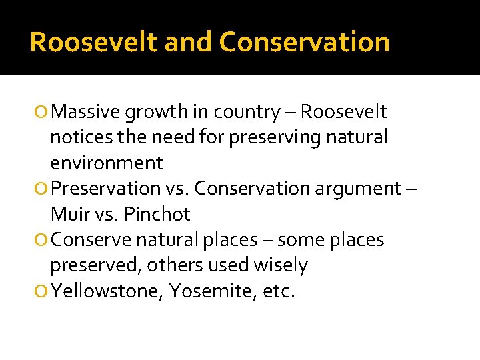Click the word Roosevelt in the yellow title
93,42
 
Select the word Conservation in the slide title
304,42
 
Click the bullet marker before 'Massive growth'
43,112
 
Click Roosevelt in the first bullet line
343,112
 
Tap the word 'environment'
106,163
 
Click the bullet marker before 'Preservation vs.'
43,189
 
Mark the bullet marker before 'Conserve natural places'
43,240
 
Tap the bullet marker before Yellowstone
43,291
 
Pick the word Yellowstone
106,291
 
